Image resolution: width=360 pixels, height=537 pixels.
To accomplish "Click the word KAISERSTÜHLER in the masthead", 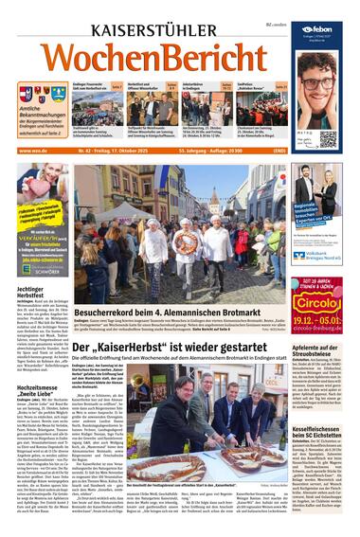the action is pos(151,31).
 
